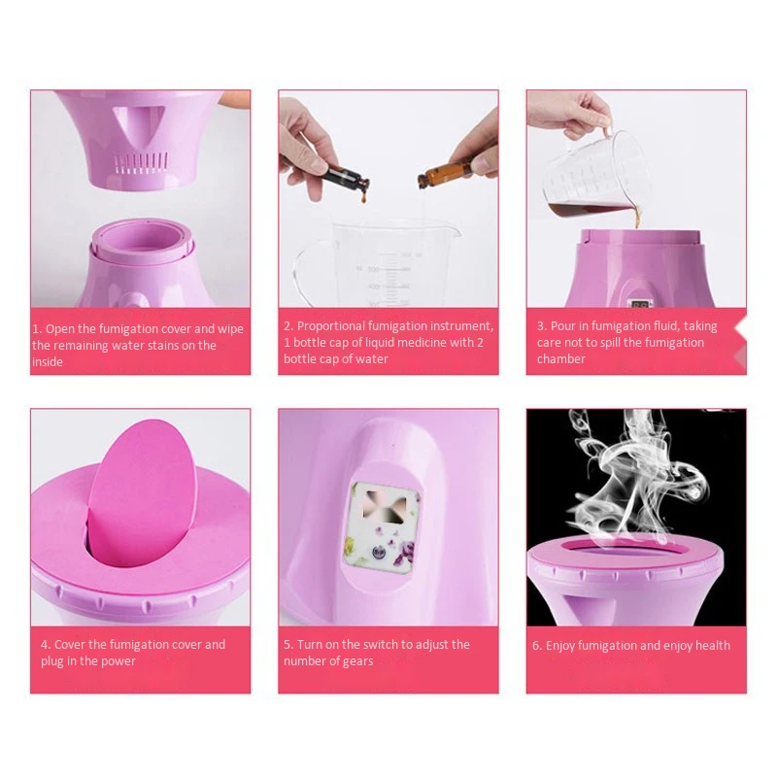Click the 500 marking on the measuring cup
pyautogui.click(x=373, y=269)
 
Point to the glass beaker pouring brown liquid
pyautogui.click(x=594, y=178)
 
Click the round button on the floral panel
pyautogui.click(x=379, y=551)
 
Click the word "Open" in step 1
pyautogui.click(x=60, y=329)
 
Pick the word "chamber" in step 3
pyautogui.click(x=561, y=358)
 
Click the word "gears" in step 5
pyautogui.click(x=357, y=661)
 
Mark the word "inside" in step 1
pyautogui.click(x=48, y=361)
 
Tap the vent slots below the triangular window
pyautogui.click(x=141, y=163)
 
